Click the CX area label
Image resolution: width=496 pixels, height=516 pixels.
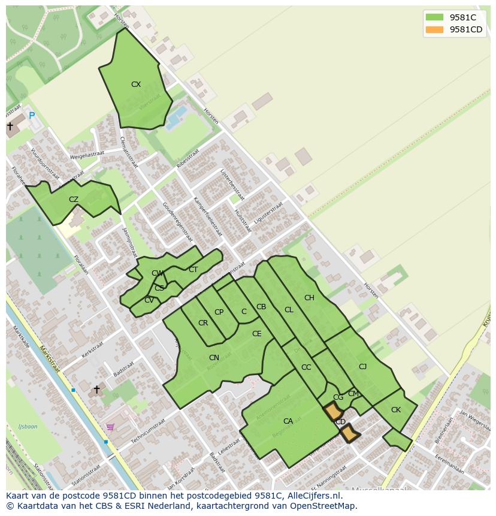136,85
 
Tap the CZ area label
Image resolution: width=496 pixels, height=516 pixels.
74,200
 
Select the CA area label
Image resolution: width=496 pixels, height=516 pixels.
288,421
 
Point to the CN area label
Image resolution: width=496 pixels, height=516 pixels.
214,358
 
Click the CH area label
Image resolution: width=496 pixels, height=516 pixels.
309,298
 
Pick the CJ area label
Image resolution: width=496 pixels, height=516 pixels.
362,367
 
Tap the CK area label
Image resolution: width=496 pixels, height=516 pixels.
395,410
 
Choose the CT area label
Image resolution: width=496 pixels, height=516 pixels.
193,270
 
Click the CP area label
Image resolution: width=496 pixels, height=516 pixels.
219,312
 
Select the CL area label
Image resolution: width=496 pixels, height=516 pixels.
289,310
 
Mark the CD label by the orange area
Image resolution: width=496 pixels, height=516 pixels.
340,422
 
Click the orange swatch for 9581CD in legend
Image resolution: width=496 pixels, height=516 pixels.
435,30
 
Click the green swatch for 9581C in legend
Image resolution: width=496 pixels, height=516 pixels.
435,17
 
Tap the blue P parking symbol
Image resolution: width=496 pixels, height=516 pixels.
32,116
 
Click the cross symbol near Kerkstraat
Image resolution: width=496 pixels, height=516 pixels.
96,390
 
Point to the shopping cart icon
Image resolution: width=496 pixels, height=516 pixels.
110,427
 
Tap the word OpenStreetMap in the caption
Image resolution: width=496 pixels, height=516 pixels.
324,506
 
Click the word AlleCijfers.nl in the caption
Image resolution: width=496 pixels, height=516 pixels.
314,496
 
